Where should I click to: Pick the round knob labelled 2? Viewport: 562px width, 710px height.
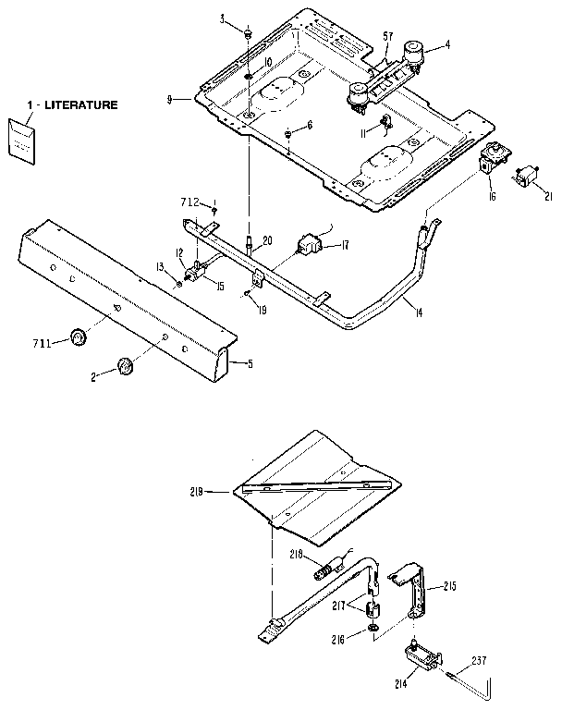click(x=125, y=366)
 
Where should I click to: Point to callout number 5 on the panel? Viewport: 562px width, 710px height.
click(x=249, y=363)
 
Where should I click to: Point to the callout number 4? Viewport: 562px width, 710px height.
click(x=447, y=43)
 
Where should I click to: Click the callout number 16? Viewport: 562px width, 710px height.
click(x=492, y=198)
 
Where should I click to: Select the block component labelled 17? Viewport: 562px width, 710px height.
click(x=308, y=245)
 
